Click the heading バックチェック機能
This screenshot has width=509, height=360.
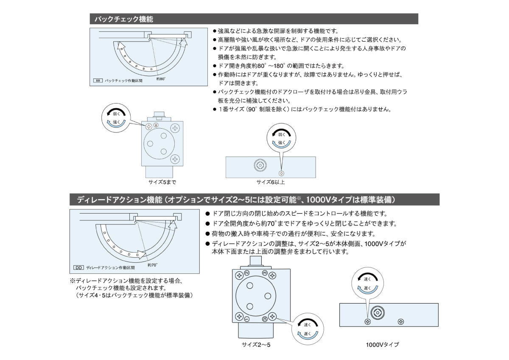pyautogui.click(x=124, y=19)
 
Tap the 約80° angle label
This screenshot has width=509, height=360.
pyautogui.click(x=160, y=79)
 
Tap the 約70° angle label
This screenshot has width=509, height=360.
pyautogui.click(x=153, y=265)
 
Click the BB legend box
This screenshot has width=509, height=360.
pyautogui.click(x=98, y=80)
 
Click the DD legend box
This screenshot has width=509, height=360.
pyautogui.click(x=78, y=268)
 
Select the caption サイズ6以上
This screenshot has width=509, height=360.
pyautogui.click(x=271, y=182)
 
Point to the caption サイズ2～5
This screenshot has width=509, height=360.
pyautogui.click(x=256, y=345)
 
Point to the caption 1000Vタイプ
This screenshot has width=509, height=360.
pyautogui.click(x=382, y=345)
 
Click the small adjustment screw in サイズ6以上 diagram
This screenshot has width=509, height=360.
pyautogui.click(x=281, y=173)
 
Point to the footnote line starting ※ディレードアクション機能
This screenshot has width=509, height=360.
pyautogui.click(x=126, y=281)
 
